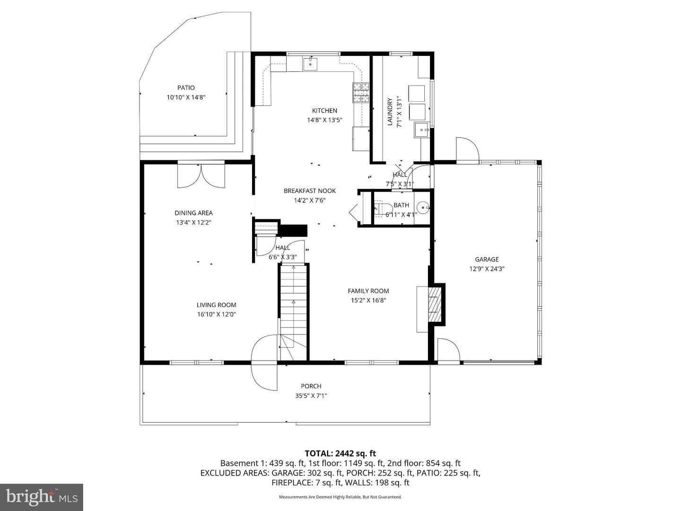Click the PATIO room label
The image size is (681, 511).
[186, 88]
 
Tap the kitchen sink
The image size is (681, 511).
[310, 64]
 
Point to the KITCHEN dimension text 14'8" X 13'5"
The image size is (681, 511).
[324, 120]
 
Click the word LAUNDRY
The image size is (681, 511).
[390, 112]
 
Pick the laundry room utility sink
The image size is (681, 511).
[422, 130]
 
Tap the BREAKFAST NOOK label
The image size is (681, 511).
[310, 191]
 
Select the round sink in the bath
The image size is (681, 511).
[423, 207]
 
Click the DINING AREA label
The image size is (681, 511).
[193, 213]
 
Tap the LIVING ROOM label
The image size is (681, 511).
[216, 305]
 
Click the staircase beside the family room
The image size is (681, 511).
[293, 312]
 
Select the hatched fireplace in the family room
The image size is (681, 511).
[434, 304]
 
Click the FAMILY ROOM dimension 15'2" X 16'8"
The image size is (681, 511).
[368, 300]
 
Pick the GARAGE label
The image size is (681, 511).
[487, 259]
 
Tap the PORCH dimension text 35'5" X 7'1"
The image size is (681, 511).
[311, 396]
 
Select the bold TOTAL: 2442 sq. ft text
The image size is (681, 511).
[340, 453]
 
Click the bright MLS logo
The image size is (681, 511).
[42, 497]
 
